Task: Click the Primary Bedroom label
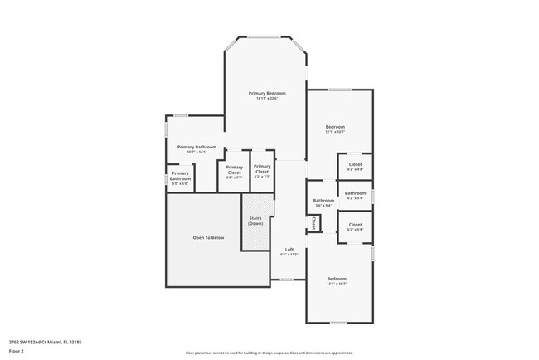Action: click(267, 93)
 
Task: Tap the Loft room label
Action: click(289, 249)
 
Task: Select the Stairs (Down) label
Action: click(256, 221)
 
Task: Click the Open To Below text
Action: click(208, 237)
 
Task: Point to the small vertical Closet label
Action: click(313, 224)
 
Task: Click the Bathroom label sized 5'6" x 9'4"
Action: click(323, 200)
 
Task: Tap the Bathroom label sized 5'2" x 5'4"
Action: click(355, 192)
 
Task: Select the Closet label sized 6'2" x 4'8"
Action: click(355, 164)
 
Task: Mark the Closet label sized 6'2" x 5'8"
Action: click(355, 224)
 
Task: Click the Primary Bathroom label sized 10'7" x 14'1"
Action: click(197, 147)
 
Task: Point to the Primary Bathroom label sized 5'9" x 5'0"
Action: click(181, 176)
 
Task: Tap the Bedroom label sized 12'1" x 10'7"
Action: click(335, 126)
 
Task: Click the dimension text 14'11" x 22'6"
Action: click(267, 99)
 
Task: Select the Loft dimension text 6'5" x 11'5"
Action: click(289, 255)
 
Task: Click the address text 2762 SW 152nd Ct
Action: click(45, 341)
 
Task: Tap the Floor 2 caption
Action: click(17, 351)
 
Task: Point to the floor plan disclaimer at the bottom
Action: click(269, 351)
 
